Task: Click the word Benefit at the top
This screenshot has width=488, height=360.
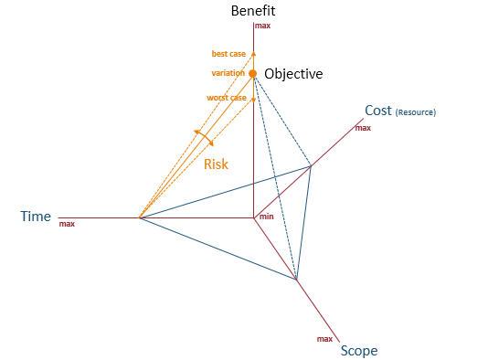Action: (253, 11)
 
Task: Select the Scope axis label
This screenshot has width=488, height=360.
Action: (358, 350)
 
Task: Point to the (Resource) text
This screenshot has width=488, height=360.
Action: (415, 112)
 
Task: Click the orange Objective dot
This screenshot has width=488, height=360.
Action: (253, 73)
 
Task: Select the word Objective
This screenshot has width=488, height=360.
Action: (292, 74)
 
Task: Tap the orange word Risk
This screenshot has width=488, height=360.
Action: (216, 164)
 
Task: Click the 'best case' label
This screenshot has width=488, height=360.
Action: (228, 54)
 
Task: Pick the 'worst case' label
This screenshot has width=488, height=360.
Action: (227, 98)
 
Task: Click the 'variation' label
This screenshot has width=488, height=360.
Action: (228, 73)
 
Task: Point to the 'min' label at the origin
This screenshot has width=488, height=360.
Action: (266, 216)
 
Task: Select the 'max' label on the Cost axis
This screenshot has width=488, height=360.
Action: (363, 128)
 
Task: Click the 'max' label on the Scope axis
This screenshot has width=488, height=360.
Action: (324, 339)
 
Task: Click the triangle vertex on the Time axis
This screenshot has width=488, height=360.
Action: (138, 217)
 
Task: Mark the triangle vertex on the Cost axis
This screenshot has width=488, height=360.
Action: (311, 166)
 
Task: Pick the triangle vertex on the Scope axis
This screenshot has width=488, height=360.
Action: (296, 279)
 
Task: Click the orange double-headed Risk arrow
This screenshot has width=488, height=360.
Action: (204, 138)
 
